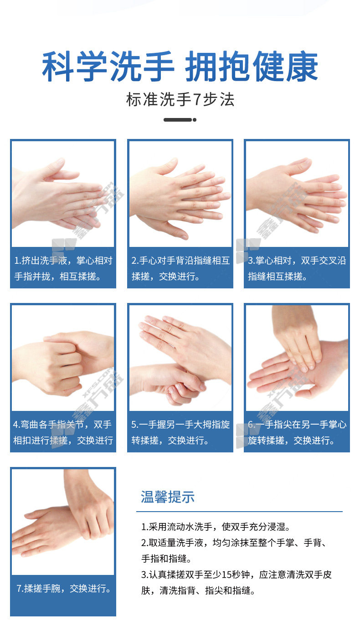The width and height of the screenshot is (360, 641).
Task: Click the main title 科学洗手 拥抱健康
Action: pyautogui.click(x=180, y=67)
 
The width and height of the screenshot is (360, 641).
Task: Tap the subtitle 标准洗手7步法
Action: pyautogui.click(x=180, y=100)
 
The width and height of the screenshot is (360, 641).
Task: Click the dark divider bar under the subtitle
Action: pyautogui.click(x=180, y=120)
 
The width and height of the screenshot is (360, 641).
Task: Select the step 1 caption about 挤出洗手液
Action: pyautogui.click(x=63, y=268)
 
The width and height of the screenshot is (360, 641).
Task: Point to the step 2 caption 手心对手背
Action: pyautogui.click(x=180, y=268)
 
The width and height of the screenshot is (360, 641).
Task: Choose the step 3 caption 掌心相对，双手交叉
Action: pyautogui.click(x=297, y=268)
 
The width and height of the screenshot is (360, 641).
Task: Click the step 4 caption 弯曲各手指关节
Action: pyautogui.click(x=63, y=432)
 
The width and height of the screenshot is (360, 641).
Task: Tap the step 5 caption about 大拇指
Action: pyautogui.click(x=180, y=432)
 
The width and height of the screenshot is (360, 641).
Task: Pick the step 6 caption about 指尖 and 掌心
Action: pyautogui.click(x=297, y=432)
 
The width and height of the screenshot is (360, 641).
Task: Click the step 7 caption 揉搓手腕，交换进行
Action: pyautogui.click(x=63, y=588)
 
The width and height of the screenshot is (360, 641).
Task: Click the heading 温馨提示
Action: pyautogui.click(x=168, y=497)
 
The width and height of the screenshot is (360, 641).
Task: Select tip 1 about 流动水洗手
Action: pyautogui.click(x=216, y=526)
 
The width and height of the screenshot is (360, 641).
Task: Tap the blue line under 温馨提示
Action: pyautogui.click(x=239, y=511)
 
